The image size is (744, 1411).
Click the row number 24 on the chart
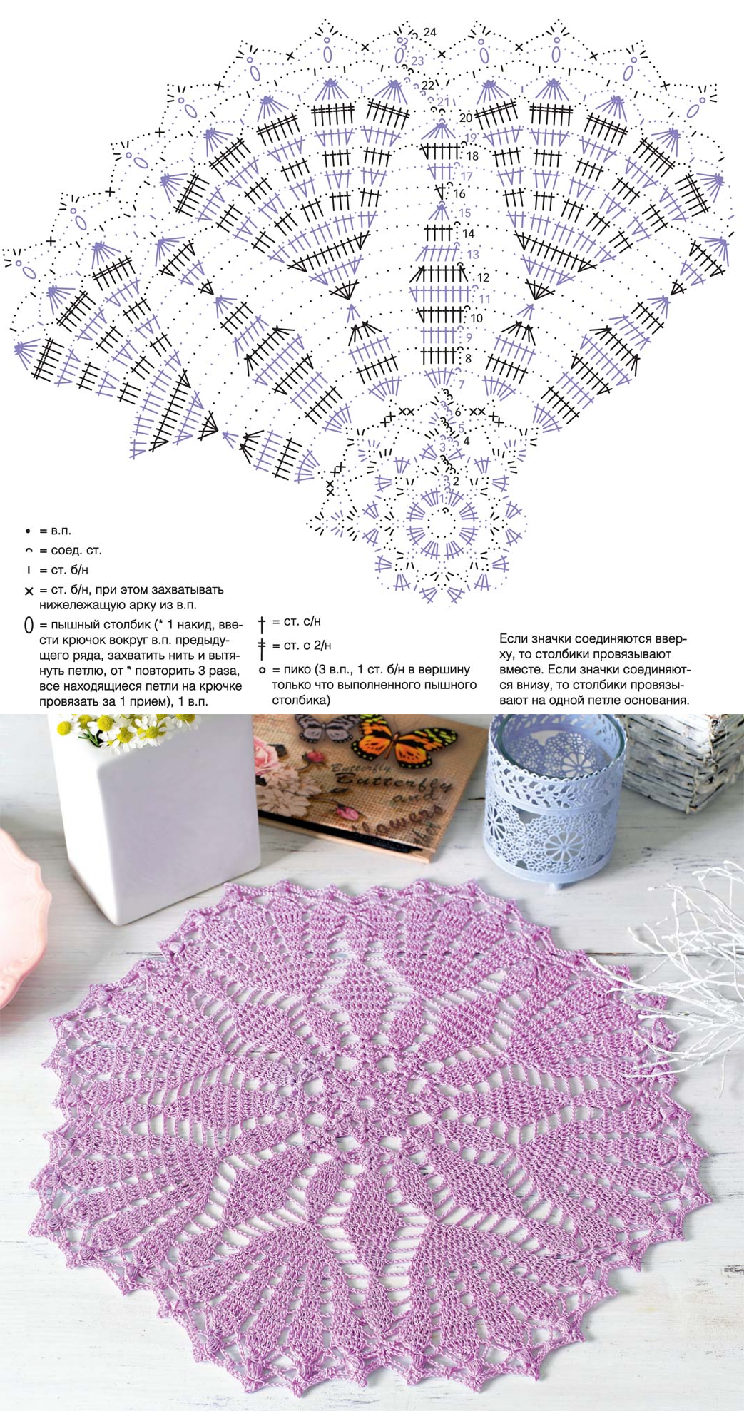[429, 32]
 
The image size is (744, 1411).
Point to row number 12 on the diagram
[484, 277]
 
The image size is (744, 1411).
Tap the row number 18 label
[472, 156]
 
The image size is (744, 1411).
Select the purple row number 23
[417, 61]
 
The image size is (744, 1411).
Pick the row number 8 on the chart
[468, 359]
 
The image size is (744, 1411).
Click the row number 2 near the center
[456, 482]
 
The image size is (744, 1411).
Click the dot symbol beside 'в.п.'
[29, 531]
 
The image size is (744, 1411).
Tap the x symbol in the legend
[29, 591]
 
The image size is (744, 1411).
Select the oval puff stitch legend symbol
[29, 626]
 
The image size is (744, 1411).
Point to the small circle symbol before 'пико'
[263, 670]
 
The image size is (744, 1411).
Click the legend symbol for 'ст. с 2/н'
[263, 647]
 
